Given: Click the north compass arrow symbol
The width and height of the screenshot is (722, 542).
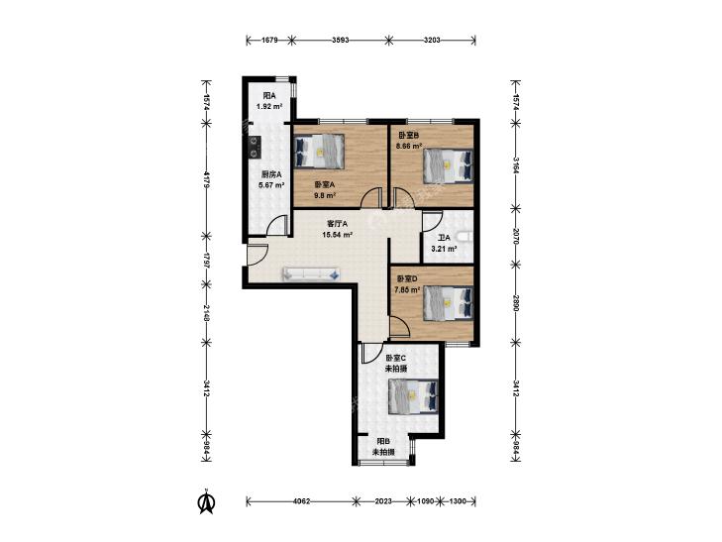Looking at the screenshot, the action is [x=207, y=502].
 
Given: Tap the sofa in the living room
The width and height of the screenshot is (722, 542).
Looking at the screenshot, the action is [x=312, y=273].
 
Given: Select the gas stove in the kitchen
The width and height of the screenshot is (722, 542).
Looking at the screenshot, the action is [x=254, y=147].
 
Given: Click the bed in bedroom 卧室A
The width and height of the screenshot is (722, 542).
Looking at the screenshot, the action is [x=319, y=151].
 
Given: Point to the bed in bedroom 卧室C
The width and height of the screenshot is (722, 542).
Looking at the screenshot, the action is [x=413, y=396].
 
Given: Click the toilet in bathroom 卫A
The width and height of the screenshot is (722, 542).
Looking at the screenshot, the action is [x=466, y=237].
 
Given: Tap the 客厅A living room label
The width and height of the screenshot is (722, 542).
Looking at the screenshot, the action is [x=338, y=224].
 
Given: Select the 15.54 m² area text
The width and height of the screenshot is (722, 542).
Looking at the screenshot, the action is [x=338, y=235].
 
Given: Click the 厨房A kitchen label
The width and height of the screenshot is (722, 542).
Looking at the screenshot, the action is [x=271, y=174].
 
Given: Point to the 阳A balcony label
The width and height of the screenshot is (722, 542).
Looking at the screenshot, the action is [x=269, y=96].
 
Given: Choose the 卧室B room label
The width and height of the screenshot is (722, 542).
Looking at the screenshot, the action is [x=408, y=136].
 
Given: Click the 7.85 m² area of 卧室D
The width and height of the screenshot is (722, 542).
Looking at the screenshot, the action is [x=407, y=289].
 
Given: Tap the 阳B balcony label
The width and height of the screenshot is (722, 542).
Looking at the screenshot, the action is [x=383, y=441].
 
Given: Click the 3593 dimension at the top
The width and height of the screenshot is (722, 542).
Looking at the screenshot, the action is [x=341, y=40].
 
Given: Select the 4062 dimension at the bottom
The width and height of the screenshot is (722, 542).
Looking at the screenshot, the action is [x=302, y=501].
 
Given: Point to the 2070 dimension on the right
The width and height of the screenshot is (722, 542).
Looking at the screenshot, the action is [x=516, y=236].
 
